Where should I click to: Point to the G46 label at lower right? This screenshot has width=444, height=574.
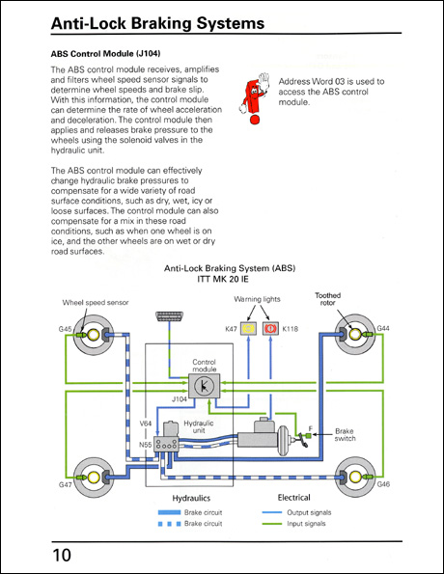pyautogui.click(x=383, y=483)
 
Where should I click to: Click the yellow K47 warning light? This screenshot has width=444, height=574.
pyautogui.click(x=248, y=330)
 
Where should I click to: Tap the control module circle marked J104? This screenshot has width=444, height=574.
pyautogui.click(x=204, y=385)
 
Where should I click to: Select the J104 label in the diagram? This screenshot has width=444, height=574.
pyautogui.click(x=178, y=396)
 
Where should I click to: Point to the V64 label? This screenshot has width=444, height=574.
pyautogui.click(x=146, y=423)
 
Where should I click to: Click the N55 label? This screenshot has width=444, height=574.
pyautogui.click(x=146, y=445)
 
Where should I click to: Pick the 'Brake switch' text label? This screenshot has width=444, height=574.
pyautogui.click(x=345, y=436)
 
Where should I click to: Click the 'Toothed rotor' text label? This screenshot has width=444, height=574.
pyautogui.click(x=327, y=300)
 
